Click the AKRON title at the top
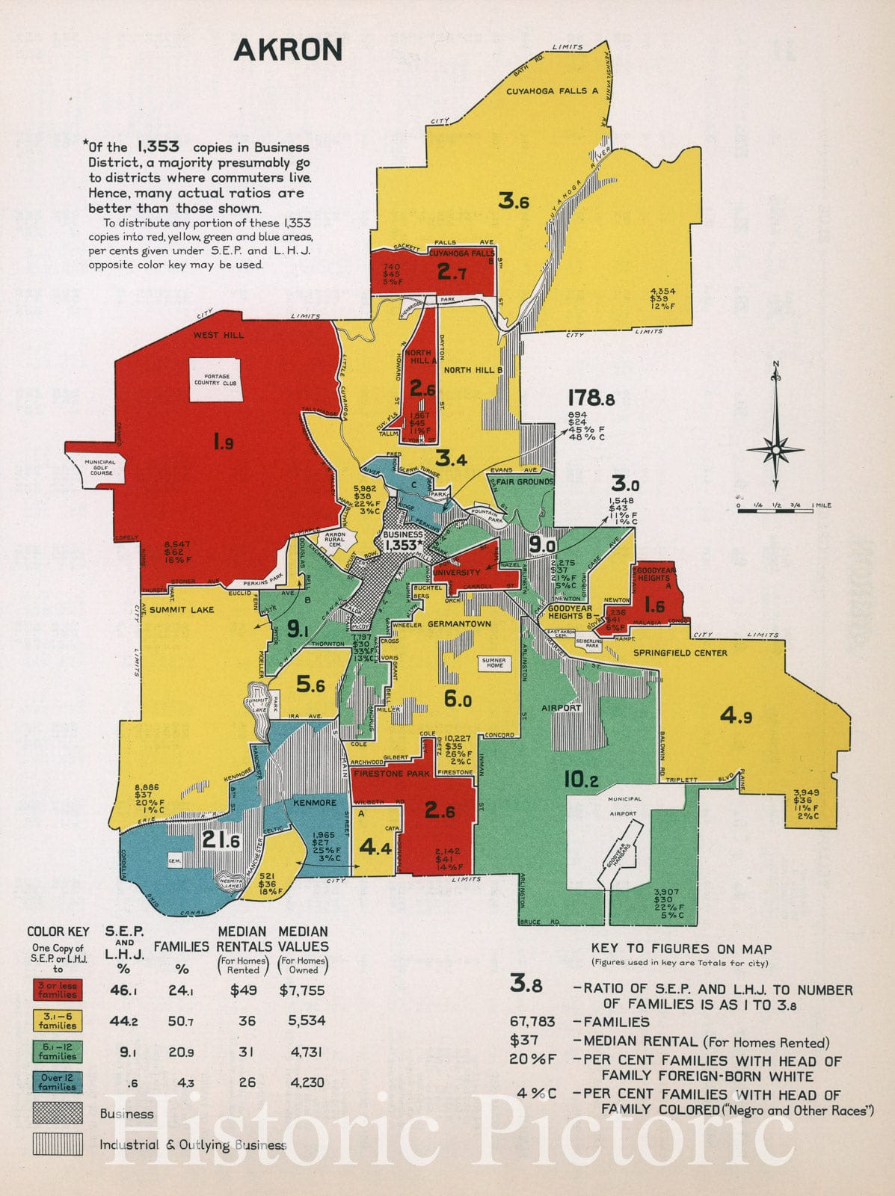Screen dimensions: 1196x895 tap(288, 50)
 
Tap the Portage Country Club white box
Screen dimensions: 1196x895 tap(215, 380)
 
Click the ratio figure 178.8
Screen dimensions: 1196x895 tap(591, 398)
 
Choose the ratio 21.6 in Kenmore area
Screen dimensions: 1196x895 tap(221, 840)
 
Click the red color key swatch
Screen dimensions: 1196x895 tap(58, 990)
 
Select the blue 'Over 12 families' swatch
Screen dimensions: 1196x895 tap(58, 1082)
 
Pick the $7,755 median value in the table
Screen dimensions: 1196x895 tap(302, 990)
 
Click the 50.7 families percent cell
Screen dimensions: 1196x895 tap(181, 1021)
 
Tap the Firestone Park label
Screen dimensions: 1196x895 tap(393, 774)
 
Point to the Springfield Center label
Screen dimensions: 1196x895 tap(680, 653)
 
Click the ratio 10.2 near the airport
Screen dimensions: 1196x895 tap(580, 780)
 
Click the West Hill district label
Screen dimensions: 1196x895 tap(218, 335)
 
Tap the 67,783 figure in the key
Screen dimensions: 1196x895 tap(532, 1022)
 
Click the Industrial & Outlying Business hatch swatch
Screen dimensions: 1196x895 tap(58, 1144)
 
